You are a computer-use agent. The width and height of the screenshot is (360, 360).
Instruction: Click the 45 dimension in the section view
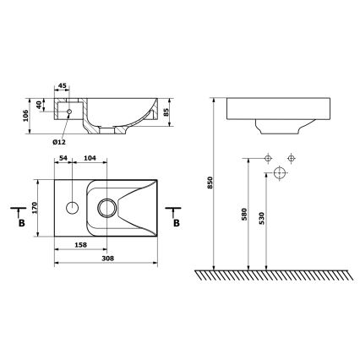pos(63,85)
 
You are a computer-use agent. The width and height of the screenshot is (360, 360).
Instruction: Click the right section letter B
pos(177,223)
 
